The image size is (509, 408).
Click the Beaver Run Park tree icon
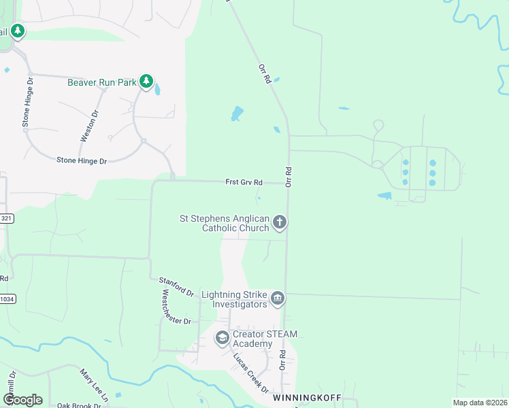[146, 82]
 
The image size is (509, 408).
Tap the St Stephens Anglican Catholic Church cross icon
[280, 222]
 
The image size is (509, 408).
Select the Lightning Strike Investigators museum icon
[278, 298]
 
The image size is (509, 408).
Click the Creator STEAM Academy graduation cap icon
[223, 337]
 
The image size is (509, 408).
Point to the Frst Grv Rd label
[244, 182]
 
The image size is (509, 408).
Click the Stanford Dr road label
[176, 286]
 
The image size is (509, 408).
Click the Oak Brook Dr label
[79, 405]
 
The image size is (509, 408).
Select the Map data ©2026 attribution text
[480, 403]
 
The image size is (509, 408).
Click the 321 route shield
[6, 218]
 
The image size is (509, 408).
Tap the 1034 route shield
[6, 299]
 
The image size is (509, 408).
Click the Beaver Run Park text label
[101, 83]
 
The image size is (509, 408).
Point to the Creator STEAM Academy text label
[265, 339]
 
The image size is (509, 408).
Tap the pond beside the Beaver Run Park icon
[158, 89]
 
